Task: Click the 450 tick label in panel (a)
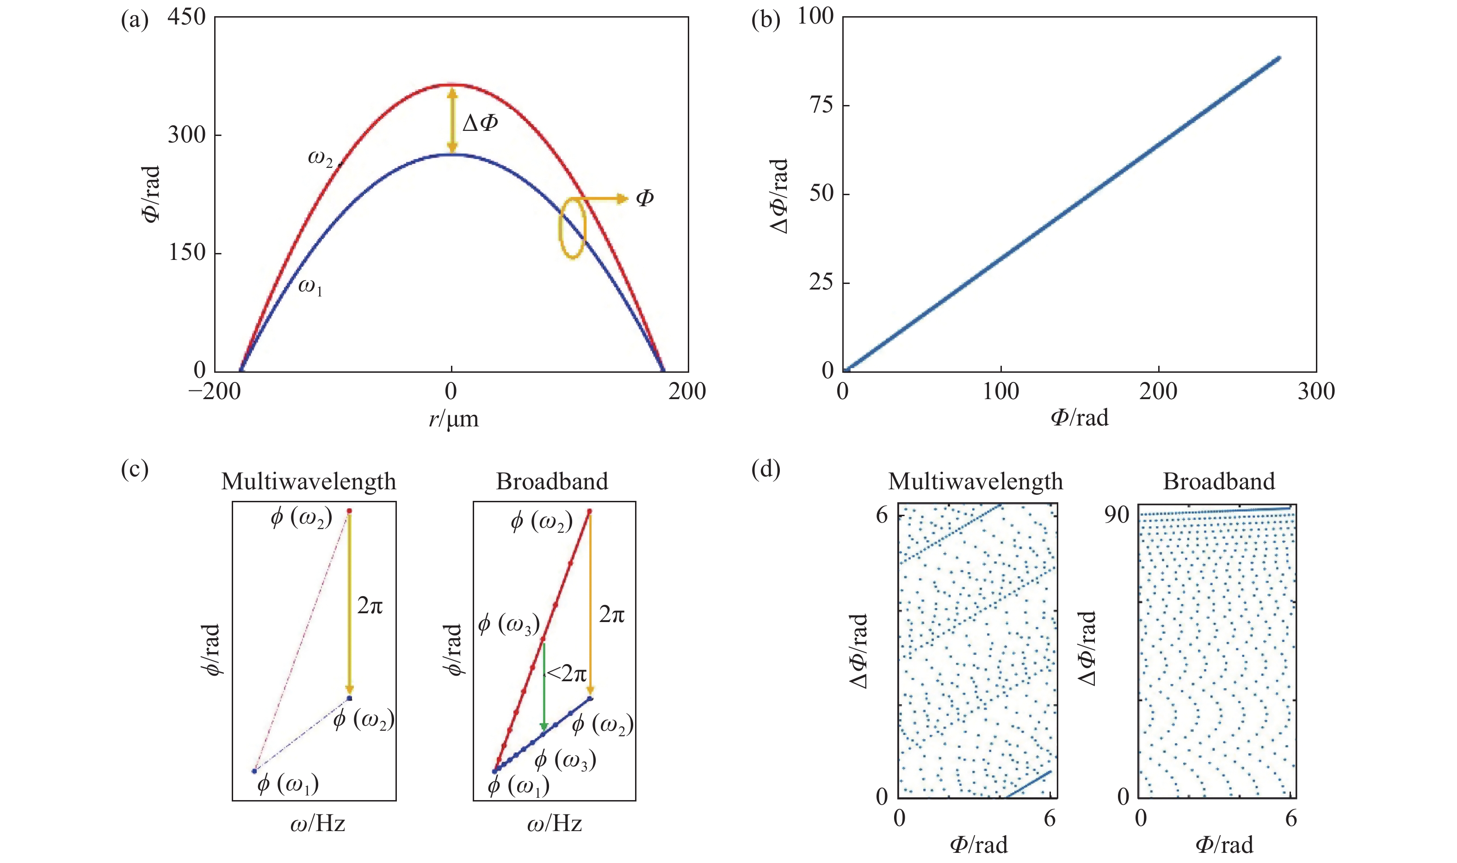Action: tap(186, 18)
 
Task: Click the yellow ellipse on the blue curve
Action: tap(572, 228)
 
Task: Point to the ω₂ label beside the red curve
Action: tap(321, 158)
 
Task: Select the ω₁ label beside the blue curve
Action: tap(310, 286)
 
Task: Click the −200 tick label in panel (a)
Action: tap(214, 391)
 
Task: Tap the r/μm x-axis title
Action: tap(454, 418)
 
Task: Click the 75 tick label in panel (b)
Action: tap(821, 105)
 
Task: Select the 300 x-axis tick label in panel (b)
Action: tap(1316, 391)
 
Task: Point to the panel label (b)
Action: tap(766, 20)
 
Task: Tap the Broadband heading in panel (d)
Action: tap(1218, 481)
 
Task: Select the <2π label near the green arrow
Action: tap(567, 673)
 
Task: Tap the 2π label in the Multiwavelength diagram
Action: tap(370, 606)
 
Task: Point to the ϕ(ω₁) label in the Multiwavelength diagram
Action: tap(288, 784)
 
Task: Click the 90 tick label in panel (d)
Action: tap(1116, 515)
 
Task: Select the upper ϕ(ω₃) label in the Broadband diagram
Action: tap(508, 624)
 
